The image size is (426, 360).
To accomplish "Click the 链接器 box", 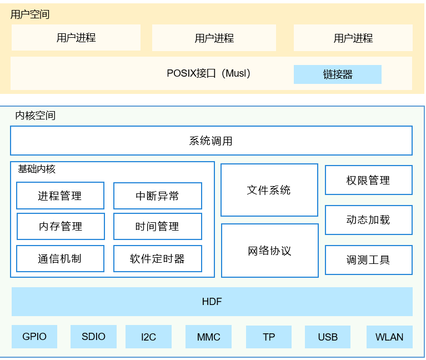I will coord(338,74).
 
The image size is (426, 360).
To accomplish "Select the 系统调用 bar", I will coord(211,141).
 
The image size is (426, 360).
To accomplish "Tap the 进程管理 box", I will coord(60,196).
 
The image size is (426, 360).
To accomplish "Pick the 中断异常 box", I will coord(157,196).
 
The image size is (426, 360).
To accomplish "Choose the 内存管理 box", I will coord(61,226).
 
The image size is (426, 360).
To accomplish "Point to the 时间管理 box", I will coord(157,226).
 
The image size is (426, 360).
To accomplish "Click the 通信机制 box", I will coord(60,258).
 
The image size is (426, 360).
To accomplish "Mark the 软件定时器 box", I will coord(157,258).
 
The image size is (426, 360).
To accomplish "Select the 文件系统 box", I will coord(269,190).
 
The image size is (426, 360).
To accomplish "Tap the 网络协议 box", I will coord(270,251).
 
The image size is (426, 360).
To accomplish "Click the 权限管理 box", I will coord(368,180).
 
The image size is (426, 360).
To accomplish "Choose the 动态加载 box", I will coord(368,220).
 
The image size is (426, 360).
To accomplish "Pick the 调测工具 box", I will coord(368,260).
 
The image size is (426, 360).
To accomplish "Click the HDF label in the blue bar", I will coord(212,302).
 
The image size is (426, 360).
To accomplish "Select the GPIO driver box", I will coord(34,337).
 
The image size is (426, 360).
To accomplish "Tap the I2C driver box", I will coord(148,337).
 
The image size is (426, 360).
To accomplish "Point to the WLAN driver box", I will coord(389,337).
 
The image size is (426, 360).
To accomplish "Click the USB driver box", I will coord(328,337).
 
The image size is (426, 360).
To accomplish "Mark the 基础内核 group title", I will coord(37,169).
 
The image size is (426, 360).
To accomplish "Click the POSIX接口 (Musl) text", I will coord(209,73).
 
